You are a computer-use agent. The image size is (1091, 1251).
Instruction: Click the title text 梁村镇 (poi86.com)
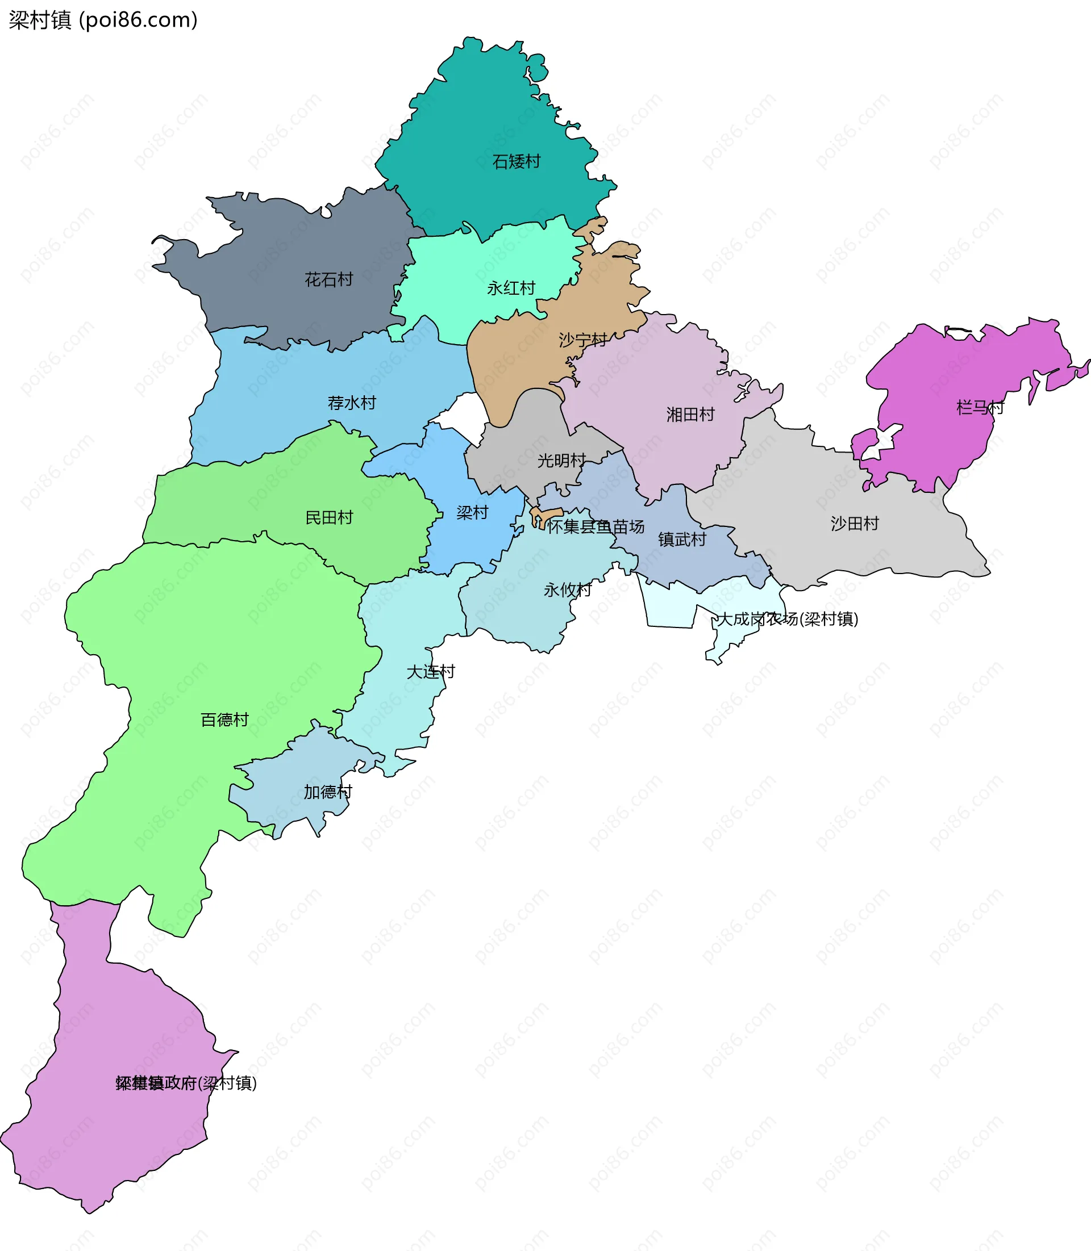(103, 20)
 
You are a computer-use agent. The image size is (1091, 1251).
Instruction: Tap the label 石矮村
(517, 162)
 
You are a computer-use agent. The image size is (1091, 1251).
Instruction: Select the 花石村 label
(329, 279)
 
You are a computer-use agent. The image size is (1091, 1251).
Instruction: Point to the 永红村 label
(511, 288)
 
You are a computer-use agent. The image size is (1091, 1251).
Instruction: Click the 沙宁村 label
(582, 340)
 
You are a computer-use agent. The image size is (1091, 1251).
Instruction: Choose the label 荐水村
(352, 403)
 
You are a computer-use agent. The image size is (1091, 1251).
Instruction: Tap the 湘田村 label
(690, 415)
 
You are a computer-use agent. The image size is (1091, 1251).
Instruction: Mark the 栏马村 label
(980, 407)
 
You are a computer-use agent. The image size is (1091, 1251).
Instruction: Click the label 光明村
(561, 461)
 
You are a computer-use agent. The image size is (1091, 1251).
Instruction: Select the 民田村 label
(330, 518)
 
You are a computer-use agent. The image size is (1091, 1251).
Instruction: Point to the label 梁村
(472, 513)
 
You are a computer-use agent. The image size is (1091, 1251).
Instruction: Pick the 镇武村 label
(682, 539)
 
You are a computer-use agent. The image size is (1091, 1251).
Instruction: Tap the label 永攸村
(568, 589)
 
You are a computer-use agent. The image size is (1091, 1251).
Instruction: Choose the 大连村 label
(431, 672)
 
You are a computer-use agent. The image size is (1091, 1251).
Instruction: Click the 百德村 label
(224, 720)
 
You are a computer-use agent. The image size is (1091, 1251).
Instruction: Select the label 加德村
(328, 792)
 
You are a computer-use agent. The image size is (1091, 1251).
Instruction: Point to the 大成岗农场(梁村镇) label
(788, 620)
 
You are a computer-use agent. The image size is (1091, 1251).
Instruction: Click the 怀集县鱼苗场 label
(595, 527)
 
